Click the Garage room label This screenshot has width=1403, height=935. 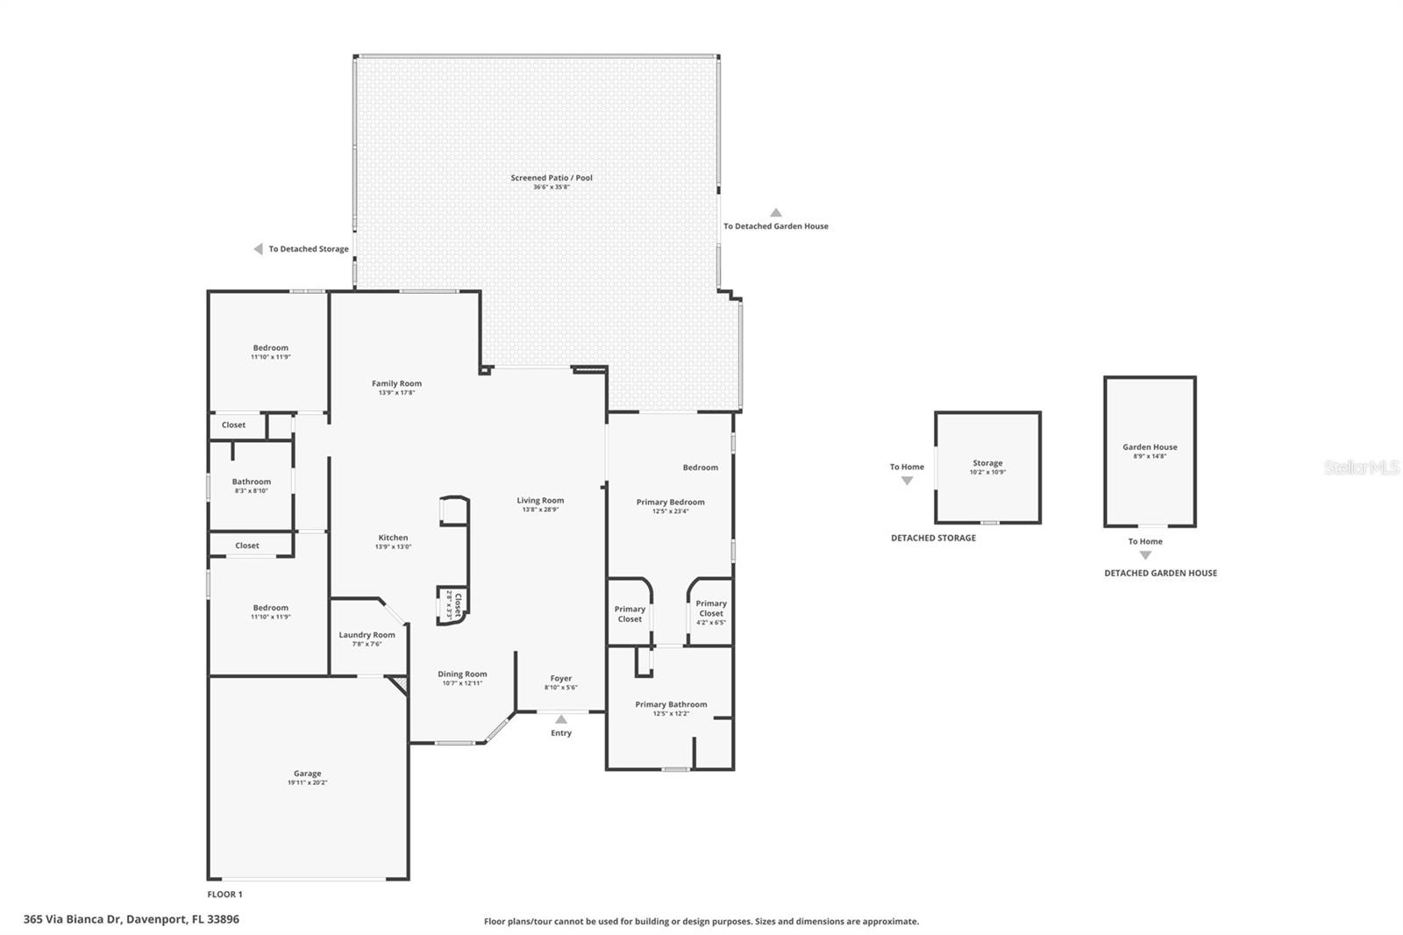[307, 774]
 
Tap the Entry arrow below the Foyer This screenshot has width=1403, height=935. [561, 720]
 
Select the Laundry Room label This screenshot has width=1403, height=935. [367, 635]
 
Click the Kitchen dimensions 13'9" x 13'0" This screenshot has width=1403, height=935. [393, 546]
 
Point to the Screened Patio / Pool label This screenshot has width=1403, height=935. [552, 178]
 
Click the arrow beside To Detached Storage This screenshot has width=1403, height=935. [259, 249]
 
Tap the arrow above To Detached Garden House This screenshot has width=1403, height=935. [775, 212]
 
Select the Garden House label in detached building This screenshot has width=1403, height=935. [1150, 447]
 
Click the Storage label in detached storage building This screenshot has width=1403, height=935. [987, 463]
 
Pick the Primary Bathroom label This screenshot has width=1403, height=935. [671, 704]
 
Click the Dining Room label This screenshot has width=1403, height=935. [462, 674]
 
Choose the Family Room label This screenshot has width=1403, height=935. [396, 383]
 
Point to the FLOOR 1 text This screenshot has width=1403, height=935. [224, 895]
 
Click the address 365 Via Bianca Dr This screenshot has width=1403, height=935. [131, 919]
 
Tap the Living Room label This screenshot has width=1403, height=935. [540, 501]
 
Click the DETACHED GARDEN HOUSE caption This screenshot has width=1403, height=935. [1160, 573]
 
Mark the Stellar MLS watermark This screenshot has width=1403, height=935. [1361, 468]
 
